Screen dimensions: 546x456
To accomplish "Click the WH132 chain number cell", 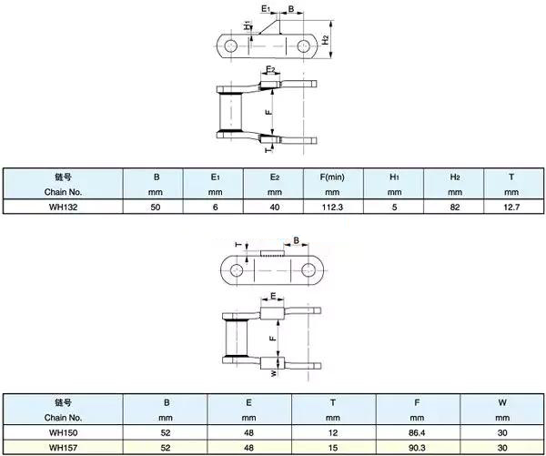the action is tap(63, 207).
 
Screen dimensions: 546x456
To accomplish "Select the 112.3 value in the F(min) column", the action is tap(332, 207).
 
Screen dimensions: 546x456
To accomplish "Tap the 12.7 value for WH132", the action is tap(511, 207).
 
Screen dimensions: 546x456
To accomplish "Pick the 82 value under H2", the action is tap(454, 207).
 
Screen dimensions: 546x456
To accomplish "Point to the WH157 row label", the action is tap(63, 447).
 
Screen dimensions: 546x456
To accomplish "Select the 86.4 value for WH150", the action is tap(417, 432).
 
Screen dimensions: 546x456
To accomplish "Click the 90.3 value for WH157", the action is tap(417, 447).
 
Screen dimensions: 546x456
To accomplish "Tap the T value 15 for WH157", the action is tap(333, 447).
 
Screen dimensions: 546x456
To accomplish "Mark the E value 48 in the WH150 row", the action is tap(248, 432).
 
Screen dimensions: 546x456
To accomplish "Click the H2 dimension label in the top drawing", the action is tap(325, 39).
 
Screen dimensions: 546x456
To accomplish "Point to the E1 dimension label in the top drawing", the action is tap(266, 8).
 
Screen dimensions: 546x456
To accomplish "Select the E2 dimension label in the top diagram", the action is tap(270, 69).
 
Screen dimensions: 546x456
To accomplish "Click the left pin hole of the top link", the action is tap(230, 46).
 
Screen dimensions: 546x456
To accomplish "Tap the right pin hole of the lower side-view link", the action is tap(308, 269).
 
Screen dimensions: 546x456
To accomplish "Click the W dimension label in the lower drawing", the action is tap(275, 373).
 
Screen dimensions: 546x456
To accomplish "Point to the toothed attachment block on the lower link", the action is tap(272, 253).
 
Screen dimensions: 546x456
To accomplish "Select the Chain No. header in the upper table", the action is tap(63, 184).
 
